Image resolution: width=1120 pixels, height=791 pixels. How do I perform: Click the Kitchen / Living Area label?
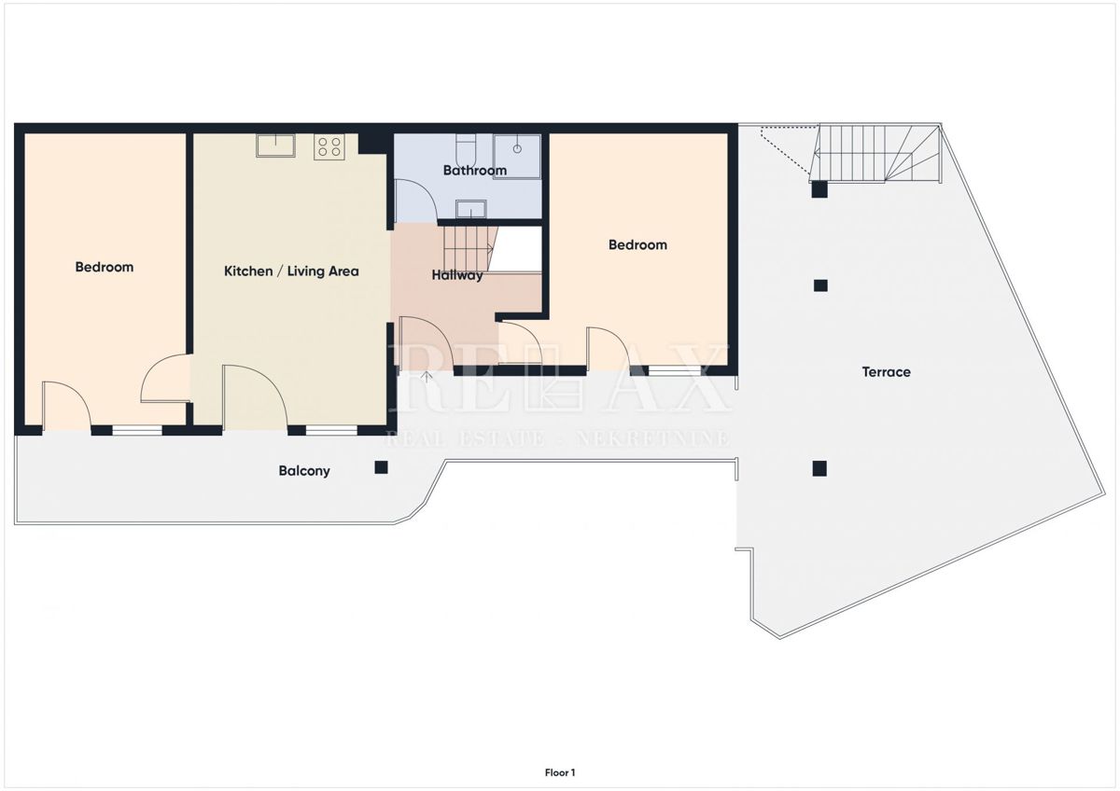click(291, 271)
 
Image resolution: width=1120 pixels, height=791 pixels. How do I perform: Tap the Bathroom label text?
click(474, 171)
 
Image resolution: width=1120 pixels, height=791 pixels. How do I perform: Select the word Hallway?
click(457, 275)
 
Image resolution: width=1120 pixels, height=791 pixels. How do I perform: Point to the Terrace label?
click(886, 372)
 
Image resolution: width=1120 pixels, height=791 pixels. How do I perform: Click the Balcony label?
click(304, 471)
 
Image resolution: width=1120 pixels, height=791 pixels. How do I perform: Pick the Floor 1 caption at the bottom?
click(560, 772)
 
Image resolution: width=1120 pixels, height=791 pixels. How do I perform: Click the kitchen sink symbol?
click(275, 146)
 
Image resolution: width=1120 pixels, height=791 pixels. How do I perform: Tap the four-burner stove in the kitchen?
click(329, 146)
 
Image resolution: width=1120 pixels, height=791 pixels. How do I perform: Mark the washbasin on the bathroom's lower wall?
click(469, 208)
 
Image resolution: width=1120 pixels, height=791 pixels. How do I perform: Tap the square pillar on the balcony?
click(381, 467)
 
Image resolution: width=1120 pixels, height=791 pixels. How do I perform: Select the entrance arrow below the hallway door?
click(427, 378)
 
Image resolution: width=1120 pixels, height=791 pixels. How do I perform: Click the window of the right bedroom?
click(675, 371)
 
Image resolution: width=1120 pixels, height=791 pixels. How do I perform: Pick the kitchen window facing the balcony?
click(331, 430)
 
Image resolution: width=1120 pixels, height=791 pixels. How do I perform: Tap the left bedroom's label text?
click(105, 268)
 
